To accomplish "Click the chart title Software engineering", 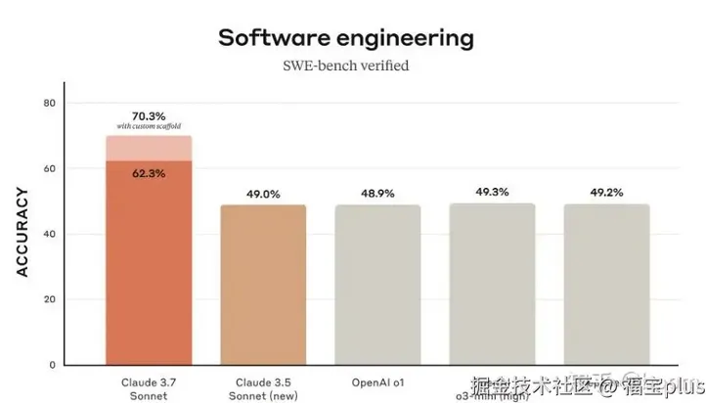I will tap(345, 38).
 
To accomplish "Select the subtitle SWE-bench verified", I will tap(345, 67).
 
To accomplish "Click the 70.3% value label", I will tap(149, 116).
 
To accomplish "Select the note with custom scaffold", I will tap(149, 128).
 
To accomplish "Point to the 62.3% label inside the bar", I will tap(149, 173).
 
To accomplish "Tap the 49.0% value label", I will tap(263, 194).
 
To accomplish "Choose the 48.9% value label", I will tap(377, 194).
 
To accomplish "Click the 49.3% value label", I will tap(492, 192).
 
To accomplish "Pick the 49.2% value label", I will tap(606, 193).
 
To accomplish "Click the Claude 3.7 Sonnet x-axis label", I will tap(149, 387).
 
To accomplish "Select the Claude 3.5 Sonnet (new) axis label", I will tap(263, 387).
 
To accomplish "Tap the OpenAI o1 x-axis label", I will tap(377, 381).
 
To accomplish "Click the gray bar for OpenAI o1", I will tap(377, 284).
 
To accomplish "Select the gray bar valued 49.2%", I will tap(606, 284).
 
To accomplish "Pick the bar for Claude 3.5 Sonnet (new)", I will tap(263, 284).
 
